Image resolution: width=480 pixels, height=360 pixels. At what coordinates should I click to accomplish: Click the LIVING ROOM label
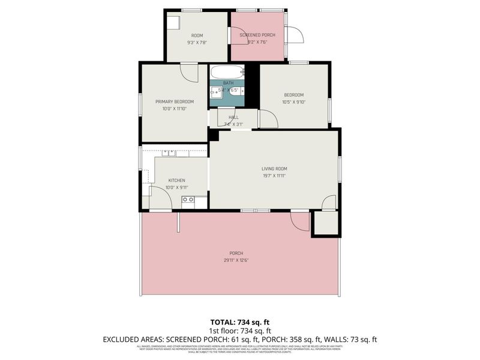click(274, 169)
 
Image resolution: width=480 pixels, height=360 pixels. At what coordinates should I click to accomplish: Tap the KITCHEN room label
click(176, 180)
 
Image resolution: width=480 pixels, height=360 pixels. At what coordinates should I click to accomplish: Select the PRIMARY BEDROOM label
click(175, 101)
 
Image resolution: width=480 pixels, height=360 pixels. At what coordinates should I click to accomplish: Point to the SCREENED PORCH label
click(257, 35)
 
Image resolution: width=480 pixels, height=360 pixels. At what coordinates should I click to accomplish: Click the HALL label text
click(233, 117)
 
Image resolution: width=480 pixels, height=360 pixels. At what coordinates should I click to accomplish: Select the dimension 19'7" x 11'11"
click(274, 176)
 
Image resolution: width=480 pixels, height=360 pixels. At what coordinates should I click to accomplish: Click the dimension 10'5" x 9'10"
click(294, 102)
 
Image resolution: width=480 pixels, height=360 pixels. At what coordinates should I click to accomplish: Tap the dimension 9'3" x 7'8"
click(197, 43)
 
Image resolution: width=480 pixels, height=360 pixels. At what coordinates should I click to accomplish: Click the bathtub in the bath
click(227, 71)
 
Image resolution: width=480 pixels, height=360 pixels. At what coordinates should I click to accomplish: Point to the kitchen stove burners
click(188, 199)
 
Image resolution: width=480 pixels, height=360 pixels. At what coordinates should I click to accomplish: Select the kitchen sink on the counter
click(168, 153)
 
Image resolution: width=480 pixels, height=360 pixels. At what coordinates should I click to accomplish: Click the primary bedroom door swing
click(190, 73)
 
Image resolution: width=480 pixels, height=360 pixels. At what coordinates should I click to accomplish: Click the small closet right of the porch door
click(326, 223)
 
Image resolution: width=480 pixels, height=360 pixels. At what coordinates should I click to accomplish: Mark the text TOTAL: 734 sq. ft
click(240, 322)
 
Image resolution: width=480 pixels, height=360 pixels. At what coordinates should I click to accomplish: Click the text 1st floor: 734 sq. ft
click(240, 331)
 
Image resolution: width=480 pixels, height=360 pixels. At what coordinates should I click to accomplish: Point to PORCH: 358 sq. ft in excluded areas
click(292, 340)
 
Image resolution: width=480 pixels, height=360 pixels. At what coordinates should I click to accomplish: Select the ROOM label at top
click(197, 35)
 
